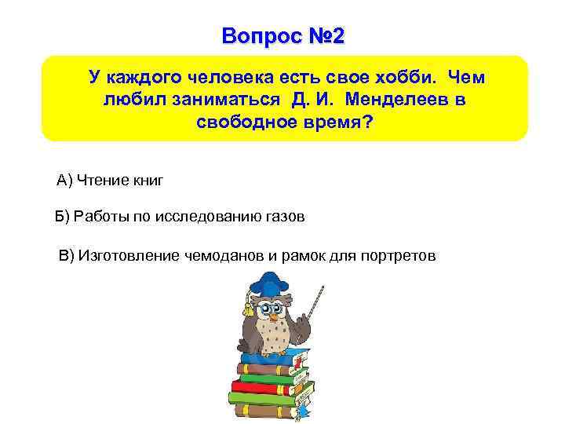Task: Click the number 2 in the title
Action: tap(337, 36)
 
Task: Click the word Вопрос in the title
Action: tap(251, 36)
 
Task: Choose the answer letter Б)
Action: tap(61, 217)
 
